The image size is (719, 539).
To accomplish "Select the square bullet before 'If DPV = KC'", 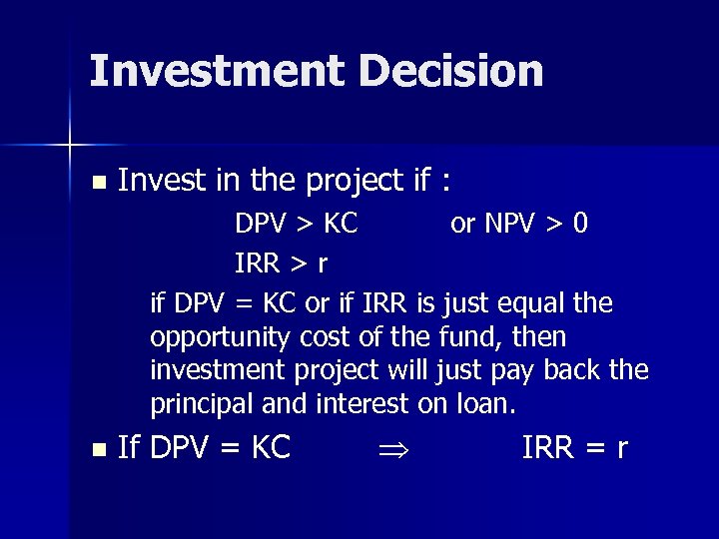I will [97, 450].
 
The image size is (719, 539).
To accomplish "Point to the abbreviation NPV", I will [510, 224].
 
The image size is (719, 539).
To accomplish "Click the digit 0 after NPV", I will [580, 224].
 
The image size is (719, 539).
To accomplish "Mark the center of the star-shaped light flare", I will [70, 145].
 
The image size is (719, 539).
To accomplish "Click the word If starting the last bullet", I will [129, 449].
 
